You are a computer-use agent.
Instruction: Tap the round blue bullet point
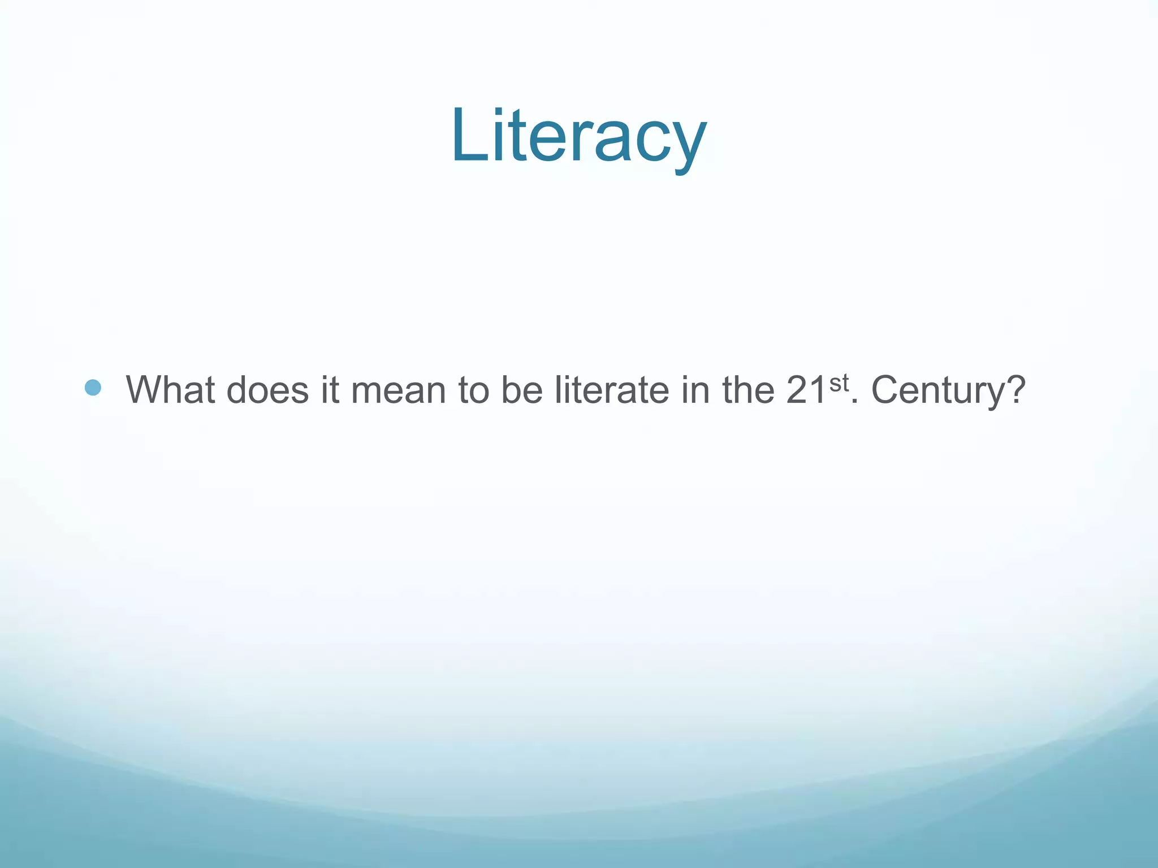(93, 388)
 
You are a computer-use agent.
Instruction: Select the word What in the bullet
(170, 390)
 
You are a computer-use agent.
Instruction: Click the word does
(267, 390)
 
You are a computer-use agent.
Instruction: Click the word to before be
(474, 390)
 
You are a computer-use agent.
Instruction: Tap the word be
(522, 390)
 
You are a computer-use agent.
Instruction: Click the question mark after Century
(1015, 390)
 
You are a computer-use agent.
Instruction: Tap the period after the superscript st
(854, 402)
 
